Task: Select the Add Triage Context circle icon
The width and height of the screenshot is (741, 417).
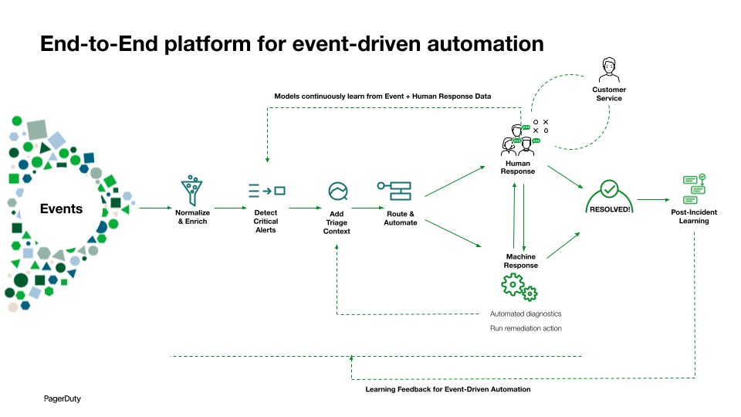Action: click(337, 191)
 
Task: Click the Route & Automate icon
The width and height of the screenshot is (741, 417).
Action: click(394, 191)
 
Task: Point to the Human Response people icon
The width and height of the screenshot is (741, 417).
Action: click(519, 139)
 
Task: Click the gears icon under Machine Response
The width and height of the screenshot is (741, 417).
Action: click(519, 287)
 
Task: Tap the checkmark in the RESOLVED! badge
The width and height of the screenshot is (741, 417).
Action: click(609, 189)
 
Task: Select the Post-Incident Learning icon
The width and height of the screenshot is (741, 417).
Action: click(694, 185)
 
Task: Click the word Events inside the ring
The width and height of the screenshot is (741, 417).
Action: click(61, 208)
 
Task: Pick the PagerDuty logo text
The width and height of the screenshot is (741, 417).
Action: click(62, 399)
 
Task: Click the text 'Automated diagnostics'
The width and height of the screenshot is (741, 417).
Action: click(526, 314)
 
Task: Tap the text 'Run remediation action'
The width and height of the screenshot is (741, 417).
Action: click(526, 328)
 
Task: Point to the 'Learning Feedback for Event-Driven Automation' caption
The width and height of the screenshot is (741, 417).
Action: click(448, 389)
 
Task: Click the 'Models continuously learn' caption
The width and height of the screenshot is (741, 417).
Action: click(382, 97)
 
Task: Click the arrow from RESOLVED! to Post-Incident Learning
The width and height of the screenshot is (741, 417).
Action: click(652, 199)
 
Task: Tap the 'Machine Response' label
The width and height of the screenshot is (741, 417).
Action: click(521, 261)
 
